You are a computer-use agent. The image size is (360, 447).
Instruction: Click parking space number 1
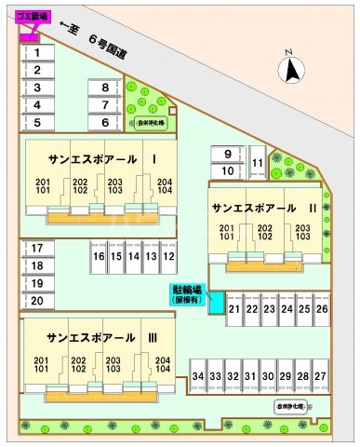pos(37,53)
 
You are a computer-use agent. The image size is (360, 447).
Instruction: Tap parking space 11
pos(257,163)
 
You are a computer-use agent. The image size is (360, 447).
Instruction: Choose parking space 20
pos(37,300)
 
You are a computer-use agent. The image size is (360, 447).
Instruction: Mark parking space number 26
pos(322,308)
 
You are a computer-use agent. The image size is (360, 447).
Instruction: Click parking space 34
pos(197,375)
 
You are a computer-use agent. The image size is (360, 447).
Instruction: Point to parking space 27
pos(320,375)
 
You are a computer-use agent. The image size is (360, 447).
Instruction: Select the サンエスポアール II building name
pos(264,207)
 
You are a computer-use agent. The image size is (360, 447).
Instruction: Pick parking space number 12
pos(168,255)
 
